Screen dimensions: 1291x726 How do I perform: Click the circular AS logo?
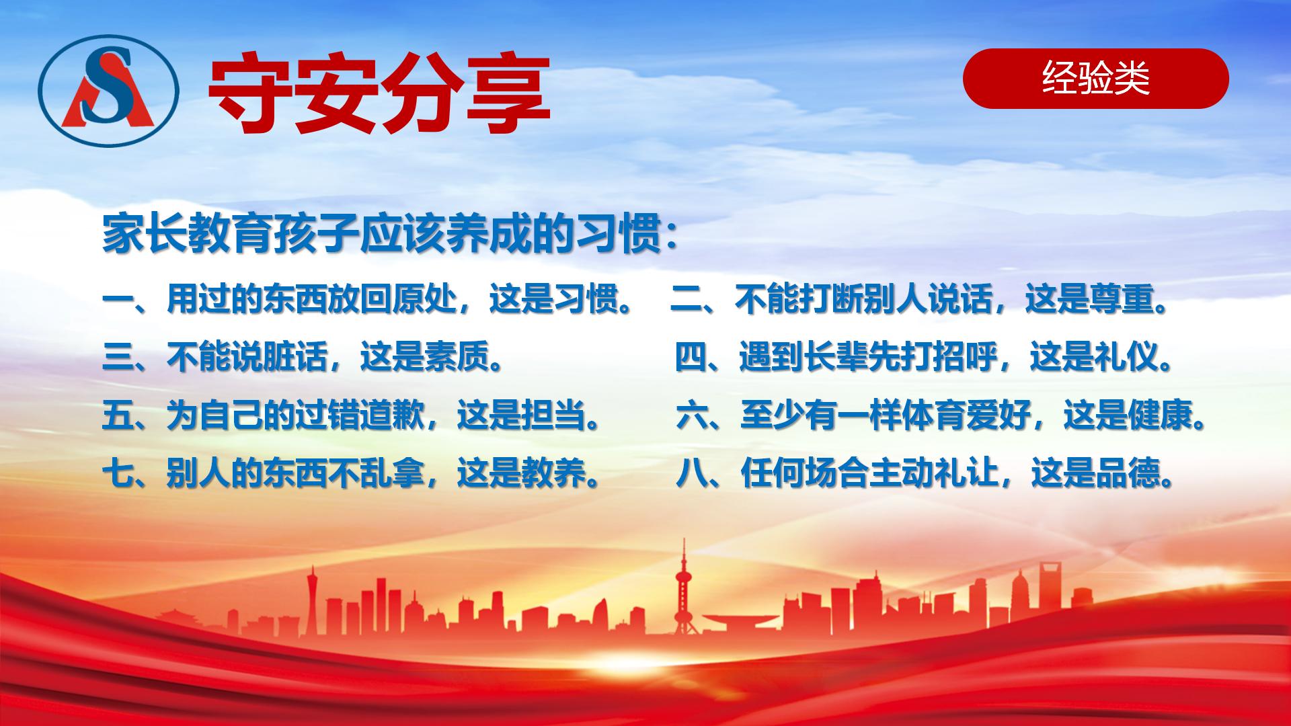(108, 89)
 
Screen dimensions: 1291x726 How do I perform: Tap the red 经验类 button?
(1095, 79)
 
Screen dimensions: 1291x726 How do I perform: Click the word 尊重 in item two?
(1122, 300)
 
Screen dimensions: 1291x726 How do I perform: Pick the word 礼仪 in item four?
(1127, 358)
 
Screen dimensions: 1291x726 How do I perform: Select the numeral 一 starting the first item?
(118, 300)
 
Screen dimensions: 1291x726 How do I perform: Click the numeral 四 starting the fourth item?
(691, 358)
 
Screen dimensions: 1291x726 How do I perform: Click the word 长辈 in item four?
(836, 358)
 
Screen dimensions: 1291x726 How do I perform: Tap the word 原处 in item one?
(425, 300)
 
